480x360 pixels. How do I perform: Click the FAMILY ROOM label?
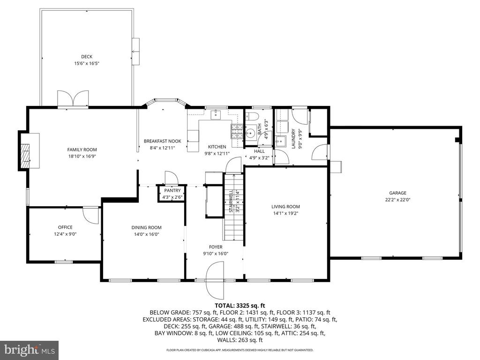[82, 150]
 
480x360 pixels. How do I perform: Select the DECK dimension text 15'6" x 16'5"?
[87, 64]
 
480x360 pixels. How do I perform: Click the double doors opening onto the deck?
[73, 98]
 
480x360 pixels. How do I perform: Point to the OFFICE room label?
[65, 227]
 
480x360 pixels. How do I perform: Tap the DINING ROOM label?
[146, 227]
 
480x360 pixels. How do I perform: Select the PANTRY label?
[172, 190]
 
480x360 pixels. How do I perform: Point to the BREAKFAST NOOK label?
[163, 141]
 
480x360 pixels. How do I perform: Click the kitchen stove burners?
[236, 131]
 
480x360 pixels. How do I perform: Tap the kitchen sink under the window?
[216, 114]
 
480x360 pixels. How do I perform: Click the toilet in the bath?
[253, 116]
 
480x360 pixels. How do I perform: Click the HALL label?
[259, 151]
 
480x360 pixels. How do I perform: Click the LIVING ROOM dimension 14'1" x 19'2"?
[285, 213]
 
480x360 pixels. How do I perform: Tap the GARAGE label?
[397, 193]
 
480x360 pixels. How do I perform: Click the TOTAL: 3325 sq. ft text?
[240, 305]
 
